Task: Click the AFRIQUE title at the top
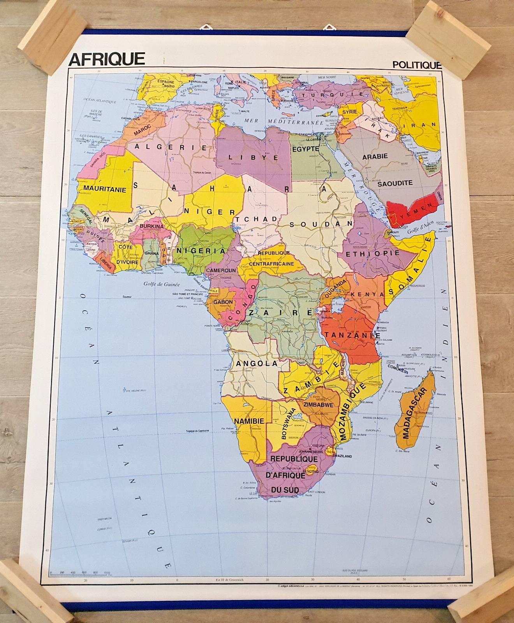(106, 59)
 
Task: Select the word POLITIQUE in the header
(417, 65)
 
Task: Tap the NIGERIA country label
(201, 251)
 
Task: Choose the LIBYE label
(253, 158)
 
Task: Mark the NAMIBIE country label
(249, 421)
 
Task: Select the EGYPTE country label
(306, 149)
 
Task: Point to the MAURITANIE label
(105, 190)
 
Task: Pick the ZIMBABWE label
(318, 405)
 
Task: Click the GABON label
(223, 302)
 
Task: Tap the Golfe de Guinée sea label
(162, 284)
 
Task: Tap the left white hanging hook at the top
(205, 27)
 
